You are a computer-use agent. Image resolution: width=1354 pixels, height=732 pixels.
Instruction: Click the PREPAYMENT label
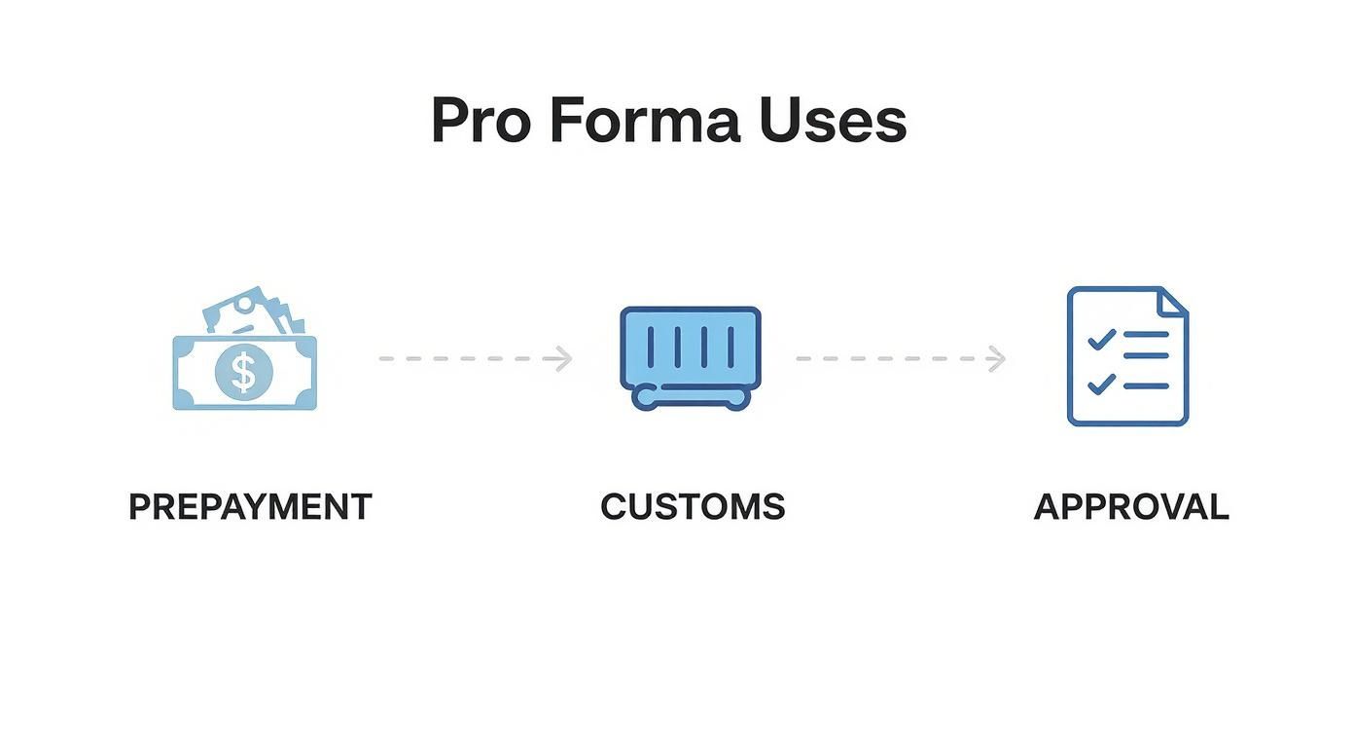click(250, 507)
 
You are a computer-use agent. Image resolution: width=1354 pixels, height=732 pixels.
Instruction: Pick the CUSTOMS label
click(693, 507)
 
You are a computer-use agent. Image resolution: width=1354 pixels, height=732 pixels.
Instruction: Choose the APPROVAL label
click(1131, 507)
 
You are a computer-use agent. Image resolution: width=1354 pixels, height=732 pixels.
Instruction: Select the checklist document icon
click(1127, 356)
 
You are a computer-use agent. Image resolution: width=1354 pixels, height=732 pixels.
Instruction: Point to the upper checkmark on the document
click(1100, 339)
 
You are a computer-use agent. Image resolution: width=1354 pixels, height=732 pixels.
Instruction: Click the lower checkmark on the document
click(1100, 384)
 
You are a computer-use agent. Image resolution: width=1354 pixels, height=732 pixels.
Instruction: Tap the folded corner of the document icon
click(1175, 301)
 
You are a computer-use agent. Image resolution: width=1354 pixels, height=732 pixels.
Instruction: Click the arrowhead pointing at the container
click(562, 358)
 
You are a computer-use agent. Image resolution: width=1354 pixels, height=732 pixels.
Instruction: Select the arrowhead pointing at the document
click(996, 358)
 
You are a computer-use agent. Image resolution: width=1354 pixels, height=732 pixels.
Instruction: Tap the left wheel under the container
click(644, 398)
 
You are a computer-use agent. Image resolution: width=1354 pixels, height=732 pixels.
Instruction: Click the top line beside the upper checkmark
click(1145, 334)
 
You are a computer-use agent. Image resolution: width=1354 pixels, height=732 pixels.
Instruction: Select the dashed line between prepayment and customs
click(467, 358)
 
